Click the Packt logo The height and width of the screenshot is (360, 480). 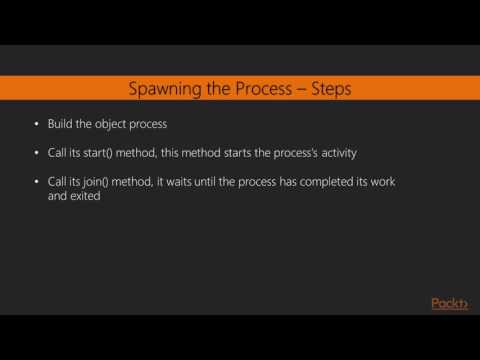449,304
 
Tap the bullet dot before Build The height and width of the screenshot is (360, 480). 36,125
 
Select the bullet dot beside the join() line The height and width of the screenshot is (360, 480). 36,180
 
